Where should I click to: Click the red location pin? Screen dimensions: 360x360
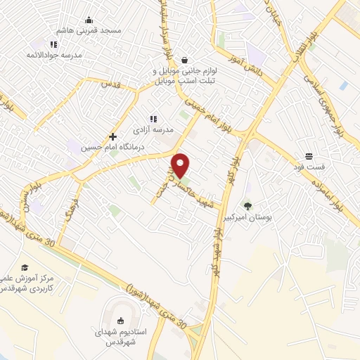pyautogui.click(x=181, y=165)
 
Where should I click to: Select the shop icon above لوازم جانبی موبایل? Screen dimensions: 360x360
pyautogui.click(x=184, y=60)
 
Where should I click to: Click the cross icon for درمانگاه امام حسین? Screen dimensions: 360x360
pyautogui.click(x=112, y=136)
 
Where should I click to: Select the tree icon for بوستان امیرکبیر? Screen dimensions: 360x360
pyautogui.click(x=247, y=206)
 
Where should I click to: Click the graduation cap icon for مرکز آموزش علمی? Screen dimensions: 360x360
pyautogui.click(x=25, y=267)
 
